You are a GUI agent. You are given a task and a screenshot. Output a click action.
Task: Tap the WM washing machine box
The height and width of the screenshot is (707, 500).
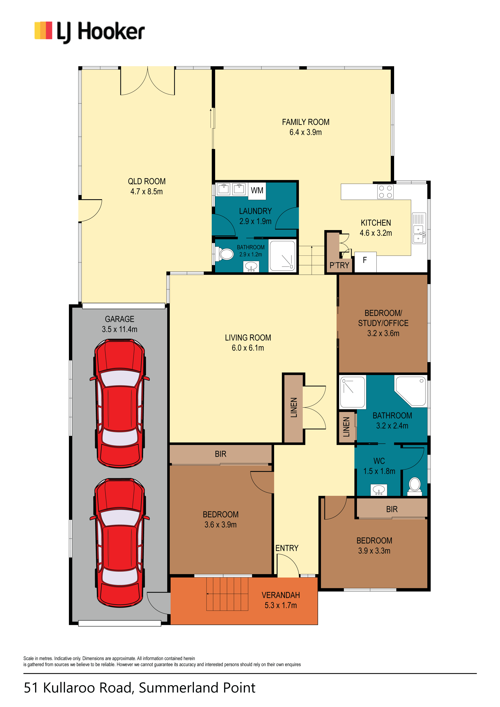tap(257, 191)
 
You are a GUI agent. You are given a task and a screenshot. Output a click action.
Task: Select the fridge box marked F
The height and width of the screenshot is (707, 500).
tap(365, 262)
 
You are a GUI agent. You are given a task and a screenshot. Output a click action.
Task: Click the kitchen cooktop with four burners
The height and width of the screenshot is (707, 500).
tap(385, 191)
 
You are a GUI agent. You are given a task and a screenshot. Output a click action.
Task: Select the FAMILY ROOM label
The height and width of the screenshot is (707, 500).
tap(305, 122)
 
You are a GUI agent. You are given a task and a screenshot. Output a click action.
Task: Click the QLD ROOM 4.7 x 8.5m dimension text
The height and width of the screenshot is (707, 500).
tap(146, 191)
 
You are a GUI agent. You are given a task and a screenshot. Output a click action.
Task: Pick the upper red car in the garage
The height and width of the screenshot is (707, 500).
tap(120, 404)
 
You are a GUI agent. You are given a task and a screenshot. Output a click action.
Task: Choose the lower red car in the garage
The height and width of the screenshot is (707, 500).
tap(120, 543)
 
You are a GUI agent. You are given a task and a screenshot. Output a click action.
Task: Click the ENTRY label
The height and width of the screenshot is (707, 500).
tap(287, 548)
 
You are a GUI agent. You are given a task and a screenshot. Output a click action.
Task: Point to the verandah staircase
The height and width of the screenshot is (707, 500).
tap(227, 594)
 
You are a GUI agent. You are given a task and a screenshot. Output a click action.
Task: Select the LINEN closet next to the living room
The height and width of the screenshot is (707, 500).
tap(293, 408)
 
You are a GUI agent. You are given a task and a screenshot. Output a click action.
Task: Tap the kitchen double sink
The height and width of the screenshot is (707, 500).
tap(419, 228)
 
